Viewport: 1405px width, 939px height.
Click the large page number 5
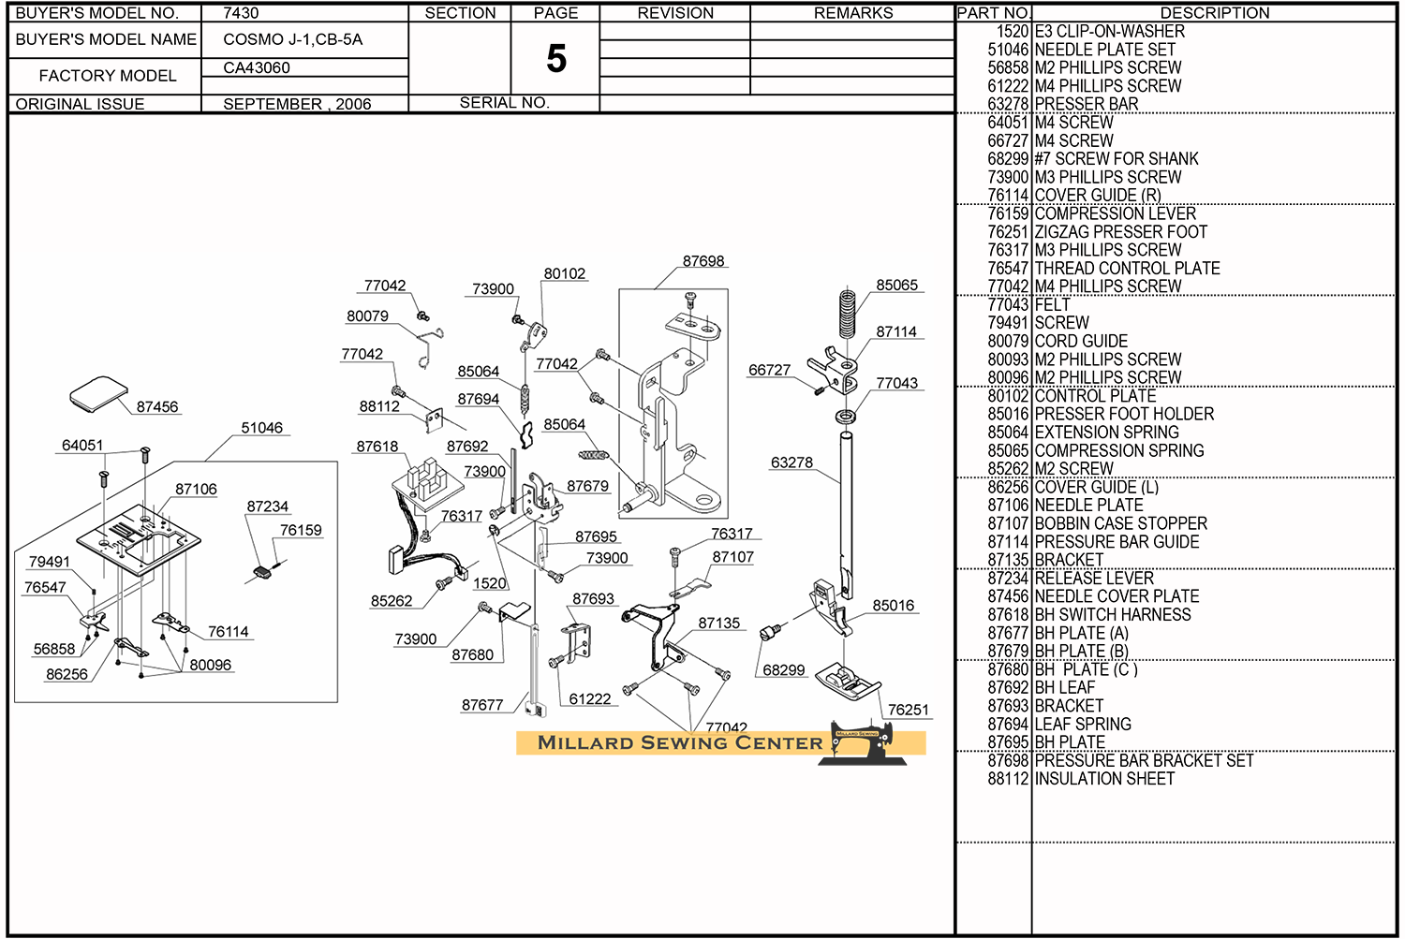coord(556,59)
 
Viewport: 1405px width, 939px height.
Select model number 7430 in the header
coord(241,13)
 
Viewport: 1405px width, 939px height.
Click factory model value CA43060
coord(257,67)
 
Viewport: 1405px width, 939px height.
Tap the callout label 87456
coord(157,407)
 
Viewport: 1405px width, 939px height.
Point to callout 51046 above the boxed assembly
coord(261,428)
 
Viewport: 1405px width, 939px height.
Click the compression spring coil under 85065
coord(848,313)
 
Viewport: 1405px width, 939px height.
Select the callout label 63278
coord(791,462)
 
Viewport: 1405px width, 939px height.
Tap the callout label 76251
coord(908,710)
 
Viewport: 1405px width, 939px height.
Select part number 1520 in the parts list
coord(1013,31)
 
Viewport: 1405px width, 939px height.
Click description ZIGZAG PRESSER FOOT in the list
coord(1120,231)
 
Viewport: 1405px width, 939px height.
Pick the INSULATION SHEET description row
coord(1104,779)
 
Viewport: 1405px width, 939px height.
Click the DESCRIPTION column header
coord(1215,13)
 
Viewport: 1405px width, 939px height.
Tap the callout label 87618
coord(377,447)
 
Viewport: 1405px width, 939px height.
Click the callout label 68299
coord(784,670)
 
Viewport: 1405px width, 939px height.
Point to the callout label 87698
coord(703,261)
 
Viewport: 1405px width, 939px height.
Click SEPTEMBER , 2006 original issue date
coord(297,104)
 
